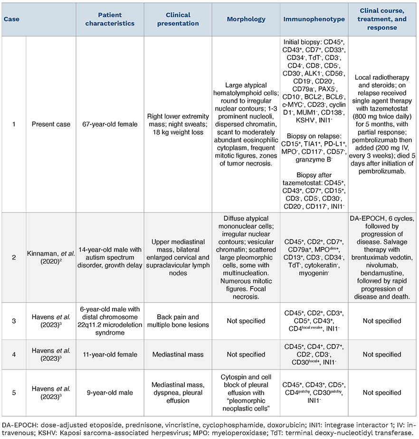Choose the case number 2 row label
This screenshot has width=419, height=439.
click(14, 262)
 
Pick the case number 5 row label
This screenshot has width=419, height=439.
click(14, 393)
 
